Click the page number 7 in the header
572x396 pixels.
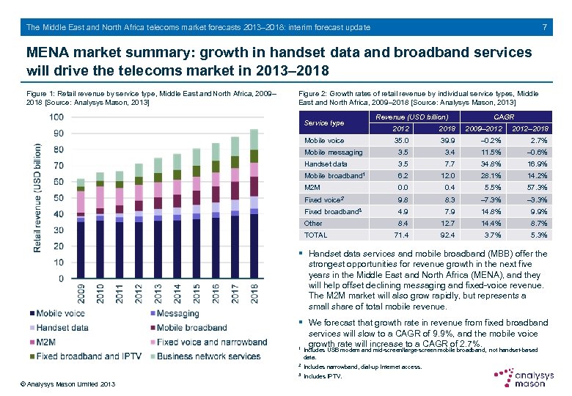[x=544, y=28]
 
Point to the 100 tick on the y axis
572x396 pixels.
[x=55, y=117]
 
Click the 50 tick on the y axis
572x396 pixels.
[x=57, y=198]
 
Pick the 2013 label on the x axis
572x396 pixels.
[x=158, y=296]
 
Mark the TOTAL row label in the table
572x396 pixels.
[x=315, y=235]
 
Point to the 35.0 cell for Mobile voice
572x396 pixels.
[x=401, y=141]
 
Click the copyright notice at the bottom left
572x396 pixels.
[x=67, y=384]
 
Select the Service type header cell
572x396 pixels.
[x=323, y=122]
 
